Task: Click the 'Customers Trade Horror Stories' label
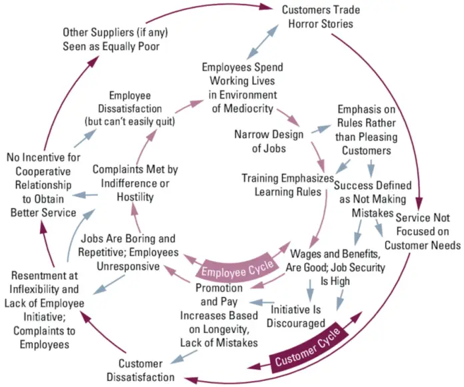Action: [x=317, y=17]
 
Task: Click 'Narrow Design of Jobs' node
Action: [x=269, y=141]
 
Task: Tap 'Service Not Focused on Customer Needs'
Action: [x=427, y=231]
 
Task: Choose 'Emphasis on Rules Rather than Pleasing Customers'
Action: [x=367, y=130]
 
